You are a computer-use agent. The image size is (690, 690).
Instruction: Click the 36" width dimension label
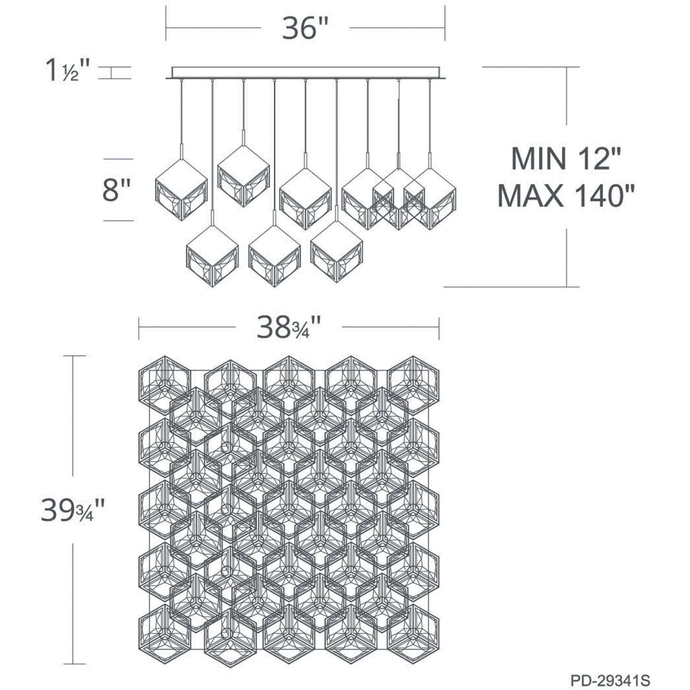305,28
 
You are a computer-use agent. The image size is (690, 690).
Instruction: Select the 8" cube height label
116,190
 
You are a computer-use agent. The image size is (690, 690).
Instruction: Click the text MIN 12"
566,158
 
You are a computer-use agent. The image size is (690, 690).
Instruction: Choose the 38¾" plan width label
289,328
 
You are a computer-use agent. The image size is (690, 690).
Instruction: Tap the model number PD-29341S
610,680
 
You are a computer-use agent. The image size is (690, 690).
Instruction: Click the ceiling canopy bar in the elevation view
306,73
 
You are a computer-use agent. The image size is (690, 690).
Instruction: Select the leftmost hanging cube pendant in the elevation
181,189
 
